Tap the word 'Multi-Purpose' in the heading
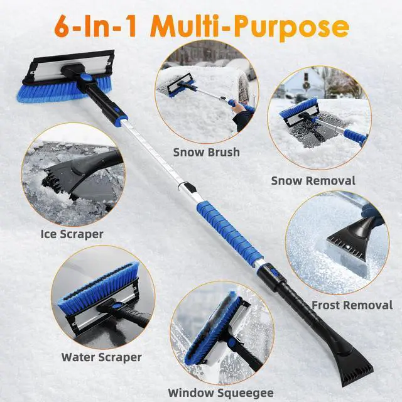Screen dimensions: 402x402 (251, 28)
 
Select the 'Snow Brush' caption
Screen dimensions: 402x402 (207, 151)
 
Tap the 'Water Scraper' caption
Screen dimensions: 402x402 (101, 357)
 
